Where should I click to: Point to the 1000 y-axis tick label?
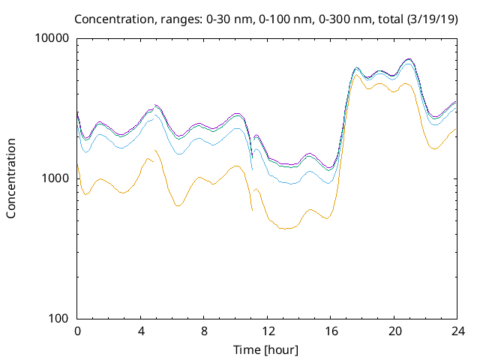coord(55,178)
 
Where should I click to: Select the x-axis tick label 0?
coord(77,331)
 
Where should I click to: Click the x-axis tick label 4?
coord(141,331)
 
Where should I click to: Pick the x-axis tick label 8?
coord(204,331)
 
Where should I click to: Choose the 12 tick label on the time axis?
coord(268,331)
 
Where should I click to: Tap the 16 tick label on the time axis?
coord(331,331)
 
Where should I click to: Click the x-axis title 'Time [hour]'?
coord(267,349)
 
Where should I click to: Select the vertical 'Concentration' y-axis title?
coord(11,178)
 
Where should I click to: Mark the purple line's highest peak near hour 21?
coord(408,58)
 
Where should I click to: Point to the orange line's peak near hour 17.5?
coord(357,73)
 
